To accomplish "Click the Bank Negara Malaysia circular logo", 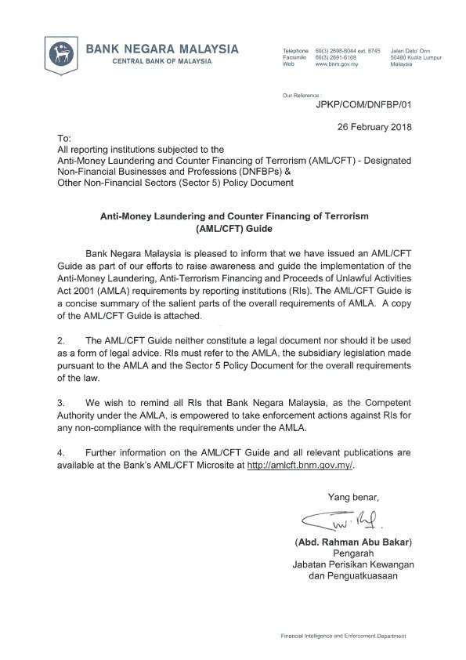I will coord(62,54).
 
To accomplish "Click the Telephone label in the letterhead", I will coord(295,51).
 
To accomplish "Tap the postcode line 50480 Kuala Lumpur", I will coord(415,57).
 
